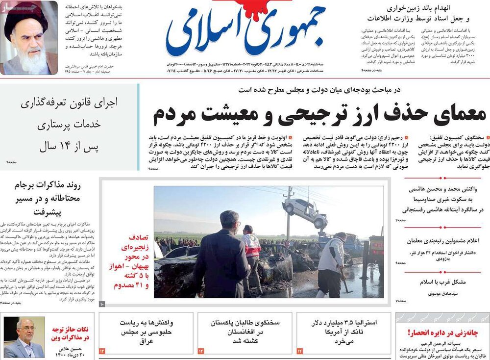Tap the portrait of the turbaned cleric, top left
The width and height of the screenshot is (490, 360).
tap(28, 38)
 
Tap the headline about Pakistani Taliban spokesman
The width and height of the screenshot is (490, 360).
tap(245, 332)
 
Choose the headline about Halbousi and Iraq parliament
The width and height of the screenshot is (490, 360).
tap(146, 332)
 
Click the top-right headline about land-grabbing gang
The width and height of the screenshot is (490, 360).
tap(421, 14)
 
